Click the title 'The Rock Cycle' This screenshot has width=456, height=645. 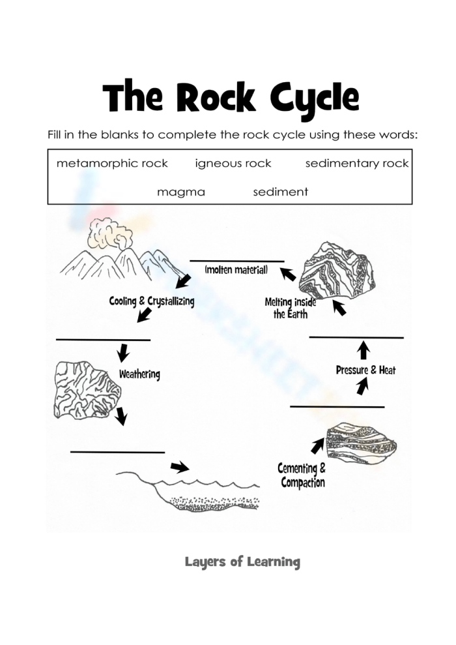pos(231,99)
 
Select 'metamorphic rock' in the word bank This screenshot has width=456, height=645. pos(112,163)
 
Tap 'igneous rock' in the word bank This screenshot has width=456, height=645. pos(233,163)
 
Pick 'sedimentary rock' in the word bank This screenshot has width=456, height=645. pos(357,163)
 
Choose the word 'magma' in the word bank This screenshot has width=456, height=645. pos(180,192)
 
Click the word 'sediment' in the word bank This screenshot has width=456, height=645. pos(280,192)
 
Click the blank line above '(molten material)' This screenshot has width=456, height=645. pos(236,261)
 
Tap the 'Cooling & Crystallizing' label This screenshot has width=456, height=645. pos(151,302)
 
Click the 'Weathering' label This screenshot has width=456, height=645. pos(139,375)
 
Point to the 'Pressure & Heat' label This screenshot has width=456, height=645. pos(365,370)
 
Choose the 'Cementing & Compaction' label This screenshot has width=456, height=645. pos(302,475)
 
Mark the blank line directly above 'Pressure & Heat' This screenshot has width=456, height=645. pos(356,337)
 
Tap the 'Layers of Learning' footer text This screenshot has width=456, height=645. pos(242,562)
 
